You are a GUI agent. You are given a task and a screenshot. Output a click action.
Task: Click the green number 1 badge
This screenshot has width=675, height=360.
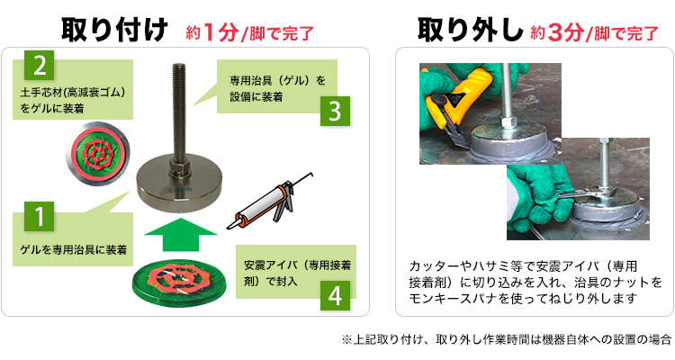click(40, 216)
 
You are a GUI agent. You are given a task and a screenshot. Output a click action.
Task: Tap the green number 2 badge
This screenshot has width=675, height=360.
click(40, 65)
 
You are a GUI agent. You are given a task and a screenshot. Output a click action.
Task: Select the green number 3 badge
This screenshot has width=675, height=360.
click(335, 111)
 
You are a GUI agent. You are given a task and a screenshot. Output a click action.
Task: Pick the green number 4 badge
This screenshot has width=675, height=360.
click(335, 296)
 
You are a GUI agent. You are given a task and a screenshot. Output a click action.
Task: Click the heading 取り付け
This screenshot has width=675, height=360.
click(114, 30)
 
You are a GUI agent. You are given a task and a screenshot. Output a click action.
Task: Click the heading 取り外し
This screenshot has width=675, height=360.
click(470, 30)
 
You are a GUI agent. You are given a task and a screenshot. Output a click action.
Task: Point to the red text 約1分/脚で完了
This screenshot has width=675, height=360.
click(250, 33)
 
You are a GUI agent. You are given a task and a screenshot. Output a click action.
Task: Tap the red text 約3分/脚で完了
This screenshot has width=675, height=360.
click(595, 33)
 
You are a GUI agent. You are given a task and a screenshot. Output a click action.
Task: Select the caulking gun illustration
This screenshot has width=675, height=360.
click(270, 202)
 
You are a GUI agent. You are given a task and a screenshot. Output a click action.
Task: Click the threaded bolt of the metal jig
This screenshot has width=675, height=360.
click(179, 112)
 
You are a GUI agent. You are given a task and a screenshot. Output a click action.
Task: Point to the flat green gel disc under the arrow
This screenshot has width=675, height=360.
click(180, 281)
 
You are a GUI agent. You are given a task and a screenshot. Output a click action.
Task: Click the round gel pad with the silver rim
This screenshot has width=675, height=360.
click(98, 154)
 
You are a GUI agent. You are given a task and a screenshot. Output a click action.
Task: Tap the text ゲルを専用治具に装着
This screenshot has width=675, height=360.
click(74, 250)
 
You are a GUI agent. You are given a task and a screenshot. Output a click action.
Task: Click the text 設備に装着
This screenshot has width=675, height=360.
click(256, 97)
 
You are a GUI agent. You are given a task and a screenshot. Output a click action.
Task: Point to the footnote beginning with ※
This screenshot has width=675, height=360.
click(507, 340)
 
